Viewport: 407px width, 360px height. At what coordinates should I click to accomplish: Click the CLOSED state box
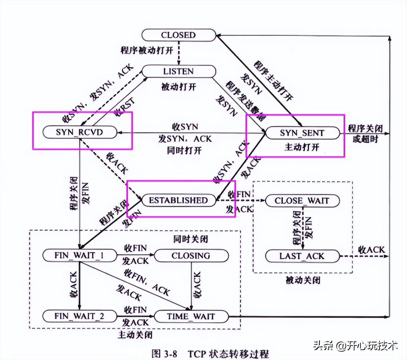click(x=179, y=35)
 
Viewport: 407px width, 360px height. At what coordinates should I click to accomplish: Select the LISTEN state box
click(x=179, y=72)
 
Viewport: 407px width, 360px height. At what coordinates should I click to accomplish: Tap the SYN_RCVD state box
click(x=79, y=132)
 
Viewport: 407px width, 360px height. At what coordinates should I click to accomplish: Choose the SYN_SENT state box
click(x=302, y=133)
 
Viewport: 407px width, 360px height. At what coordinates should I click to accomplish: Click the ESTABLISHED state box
click(x=179, y=200)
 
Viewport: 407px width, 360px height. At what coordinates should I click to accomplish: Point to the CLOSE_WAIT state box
click(x=302, y=201)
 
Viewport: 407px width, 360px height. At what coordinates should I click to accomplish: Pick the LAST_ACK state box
click(x=302, y=256)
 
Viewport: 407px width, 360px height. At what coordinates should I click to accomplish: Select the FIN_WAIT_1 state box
click(x=79, y=256)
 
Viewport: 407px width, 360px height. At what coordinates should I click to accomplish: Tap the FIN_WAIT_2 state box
click(x=79, y=316)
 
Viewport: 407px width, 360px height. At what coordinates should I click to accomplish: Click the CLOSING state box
click(x=191, y=256)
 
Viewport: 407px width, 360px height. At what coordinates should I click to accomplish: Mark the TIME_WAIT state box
click(x=191, y=317)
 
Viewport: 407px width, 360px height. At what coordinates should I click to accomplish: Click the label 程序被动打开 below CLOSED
click(x=147, y=50)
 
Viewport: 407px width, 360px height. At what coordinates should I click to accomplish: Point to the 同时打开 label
click(x=184, y=150)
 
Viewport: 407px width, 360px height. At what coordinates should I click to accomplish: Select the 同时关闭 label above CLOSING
click(x=191, y=239)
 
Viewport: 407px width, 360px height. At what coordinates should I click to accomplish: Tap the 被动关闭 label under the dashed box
click(x=303, y=280)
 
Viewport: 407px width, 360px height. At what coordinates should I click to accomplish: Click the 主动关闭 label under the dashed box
click(x=135, y=335)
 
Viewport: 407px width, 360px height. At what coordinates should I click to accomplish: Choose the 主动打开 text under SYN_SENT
click(x=302, y=147)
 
